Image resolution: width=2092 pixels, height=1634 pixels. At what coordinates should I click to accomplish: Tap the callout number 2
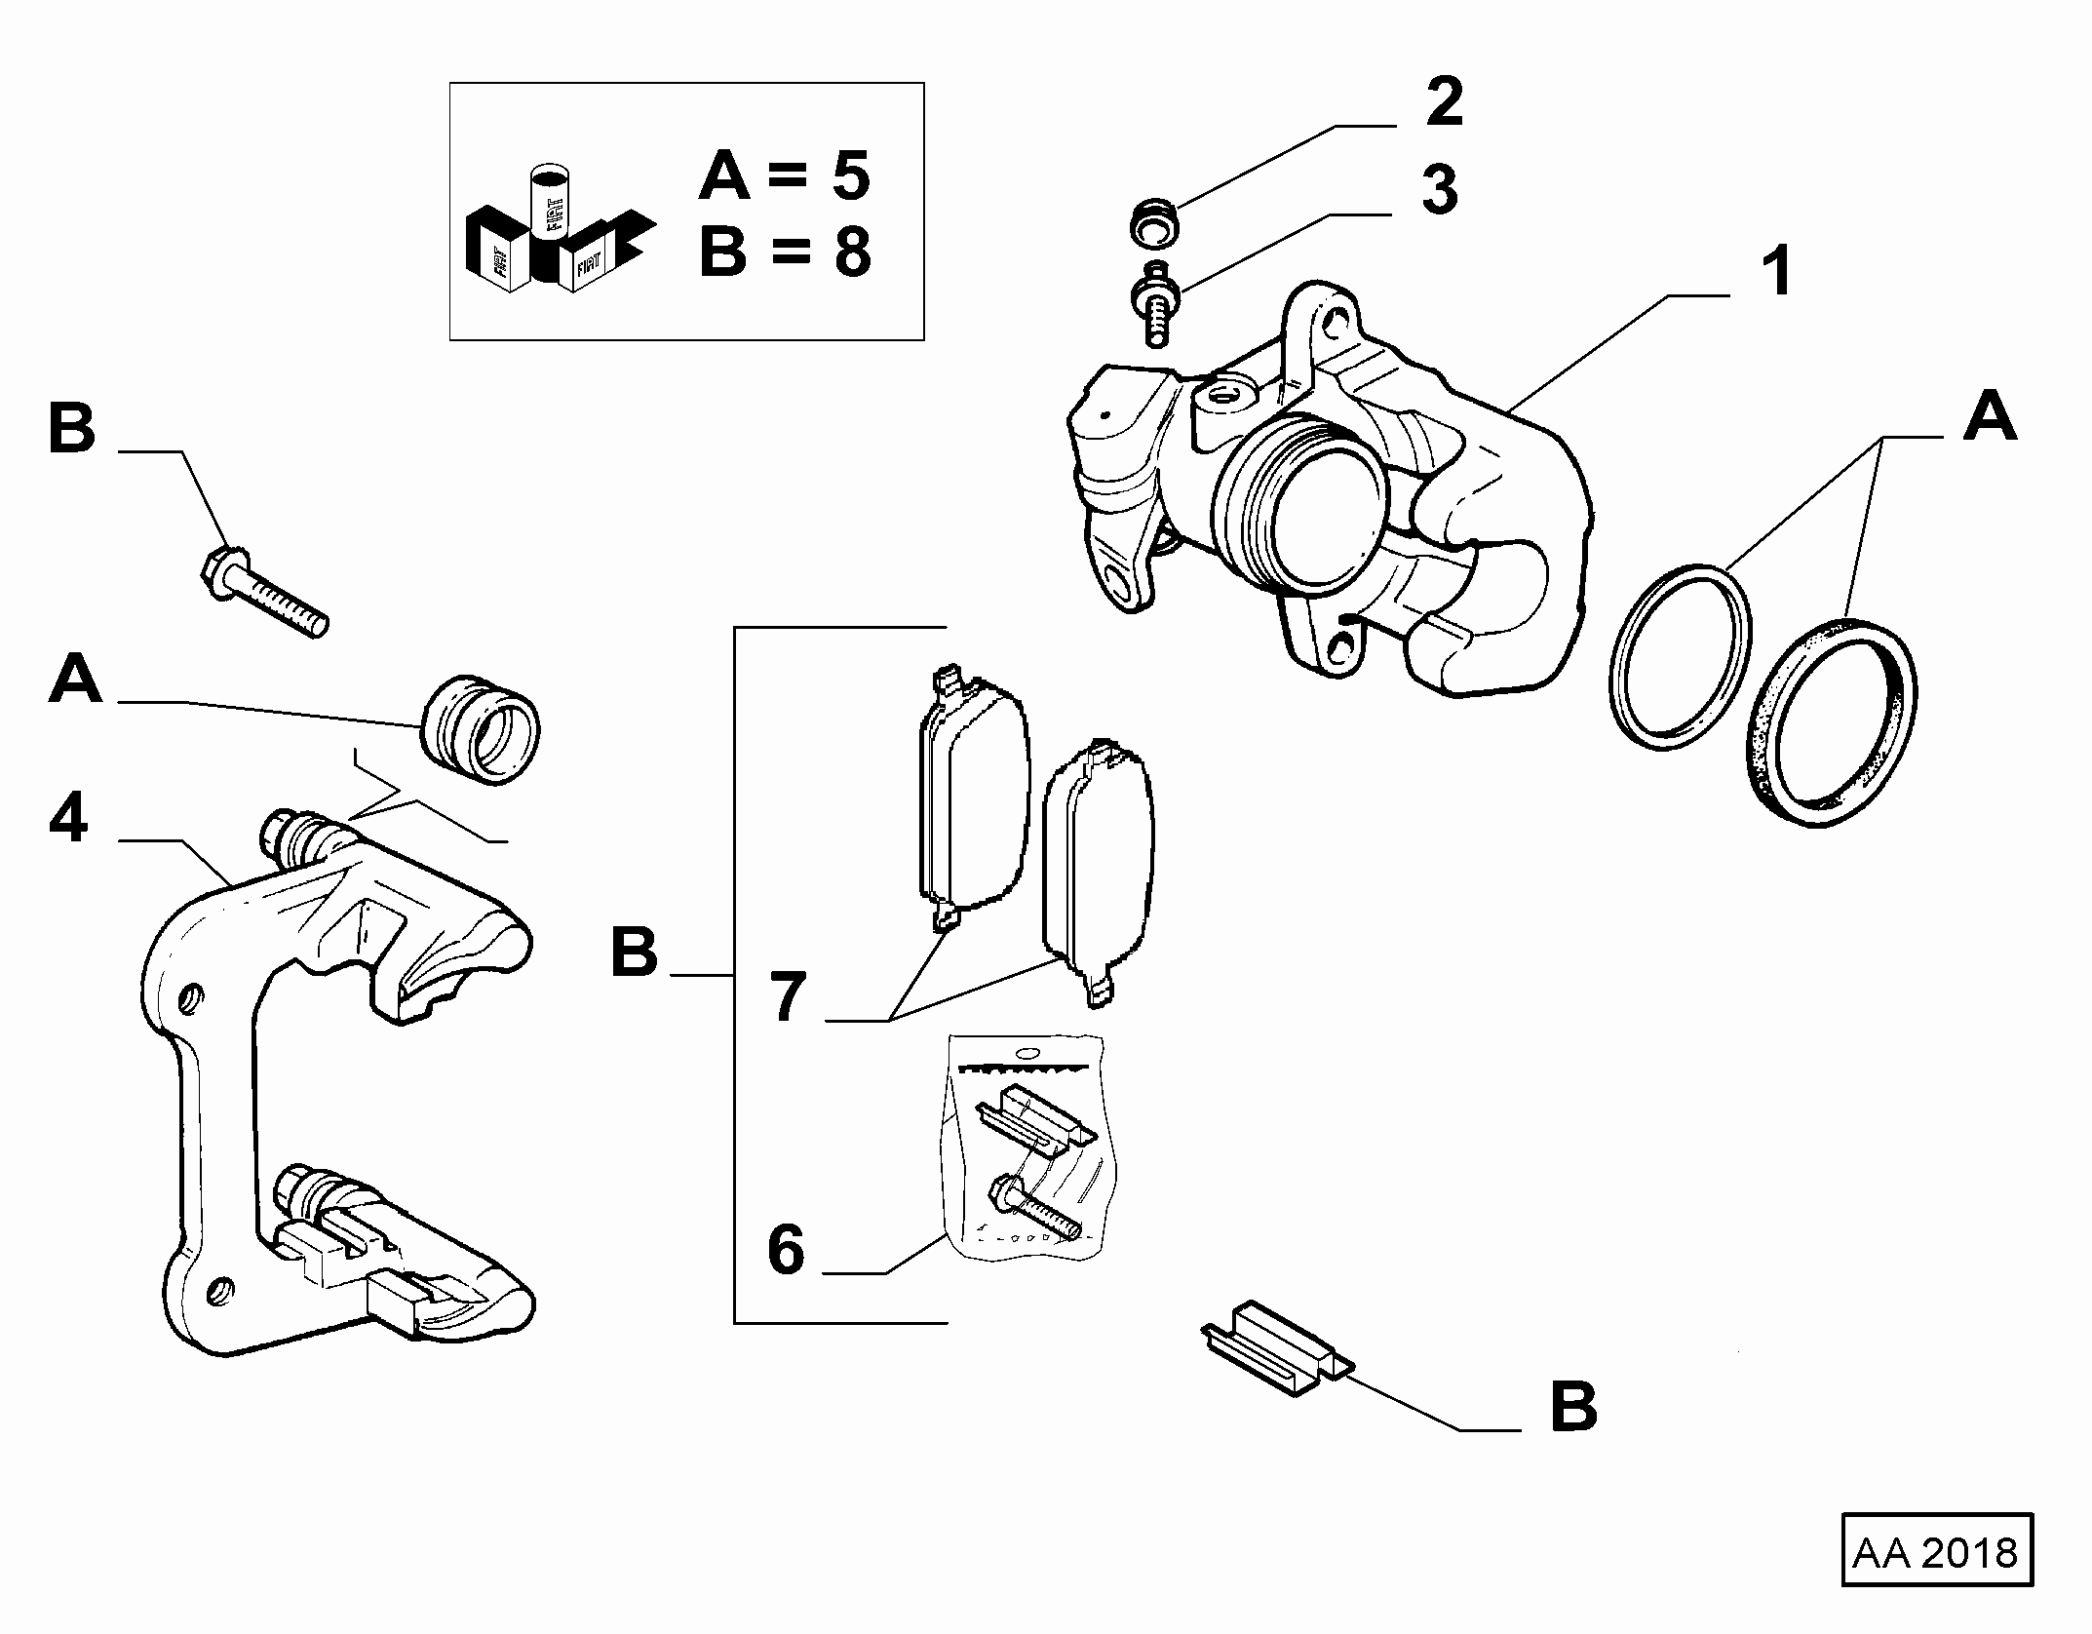(x=1444, y=102)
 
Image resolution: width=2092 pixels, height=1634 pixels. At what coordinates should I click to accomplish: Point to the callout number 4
(x=68, y=818)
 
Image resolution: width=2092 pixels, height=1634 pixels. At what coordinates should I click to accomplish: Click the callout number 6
(x=786, y=1250)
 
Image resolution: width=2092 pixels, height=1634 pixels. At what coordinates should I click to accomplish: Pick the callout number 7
(x=788, y=996)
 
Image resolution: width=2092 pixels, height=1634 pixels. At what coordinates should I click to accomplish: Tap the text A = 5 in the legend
(x=784, y=175)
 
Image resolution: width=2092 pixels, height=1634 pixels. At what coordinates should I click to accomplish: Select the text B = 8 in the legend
(x=785, y=252)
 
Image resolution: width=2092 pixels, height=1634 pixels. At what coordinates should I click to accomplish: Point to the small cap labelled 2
(x=1154, y=222)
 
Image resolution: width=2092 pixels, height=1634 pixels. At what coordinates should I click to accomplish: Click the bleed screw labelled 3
(x=1155, y=302)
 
